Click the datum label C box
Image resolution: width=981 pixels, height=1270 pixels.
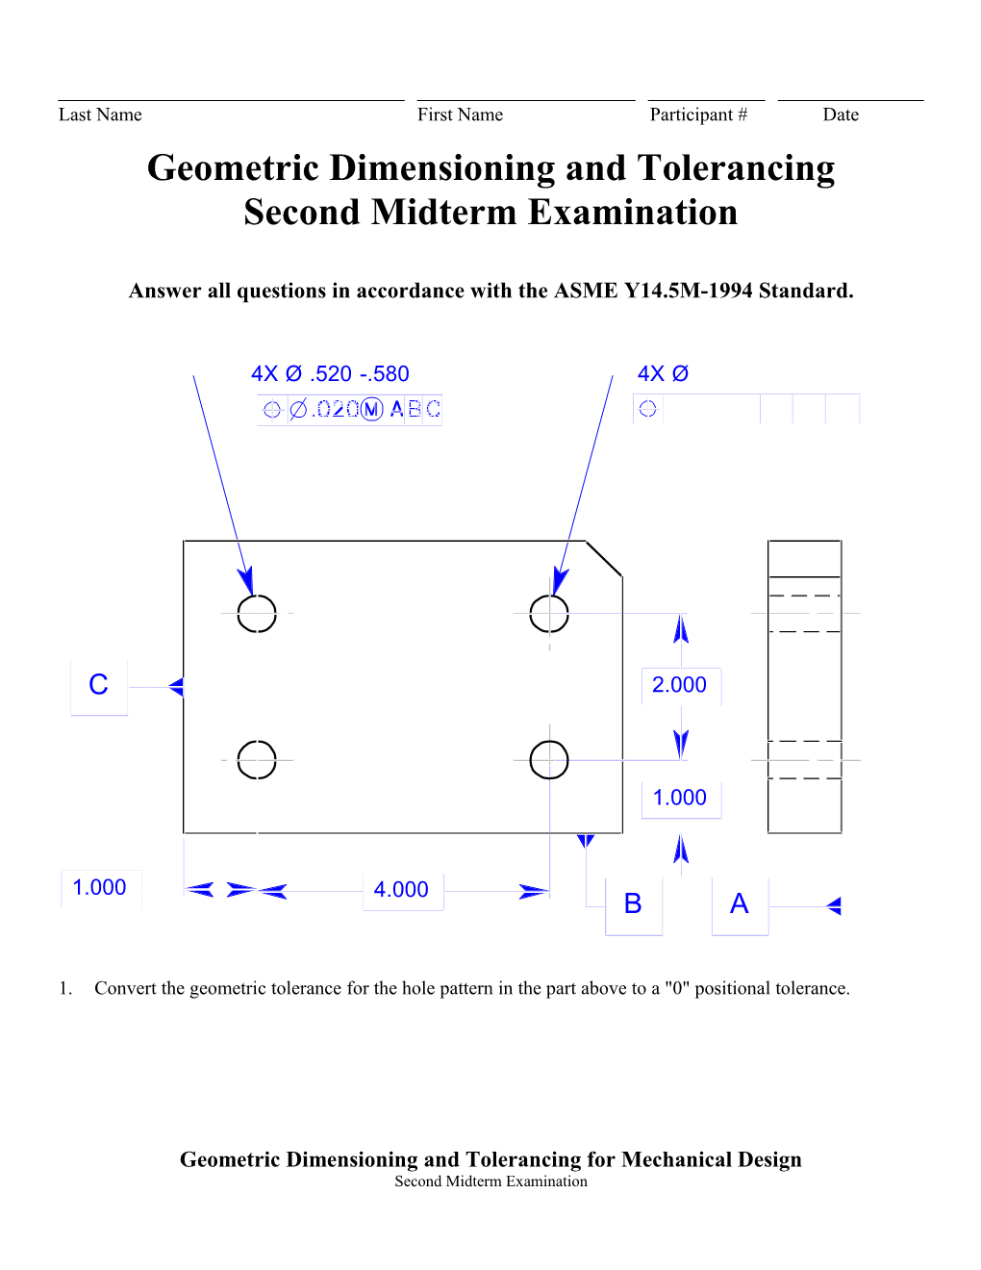(99, 686)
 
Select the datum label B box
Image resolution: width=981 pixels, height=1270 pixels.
(633, 904)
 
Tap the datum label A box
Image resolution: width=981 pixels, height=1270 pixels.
(740, 904)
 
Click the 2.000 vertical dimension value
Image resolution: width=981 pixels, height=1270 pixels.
(679, 685)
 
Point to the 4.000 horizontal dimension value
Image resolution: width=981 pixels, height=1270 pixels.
(401, 890)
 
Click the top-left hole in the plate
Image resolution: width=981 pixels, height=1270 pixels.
(257, 613)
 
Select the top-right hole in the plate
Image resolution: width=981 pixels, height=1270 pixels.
(549, 613)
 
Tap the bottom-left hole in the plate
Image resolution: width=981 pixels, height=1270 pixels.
(257, 759)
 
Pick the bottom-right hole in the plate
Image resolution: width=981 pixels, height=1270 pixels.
(549, 759)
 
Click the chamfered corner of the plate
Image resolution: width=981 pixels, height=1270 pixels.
(605, 559)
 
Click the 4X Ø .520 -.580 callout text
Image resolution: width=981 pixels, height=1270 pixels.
(330, 374)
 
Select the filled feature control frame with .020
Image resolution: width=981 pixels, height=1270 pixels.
(350, 410)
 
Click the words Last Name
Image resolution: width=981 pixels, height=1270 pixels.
(100, 115)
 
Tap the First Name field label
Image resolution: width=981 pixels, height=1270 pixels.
(460, 115)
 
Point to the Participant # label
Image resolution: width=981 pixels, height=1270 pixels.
(698, 115)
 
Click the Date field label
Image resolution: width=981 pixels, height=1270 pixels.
(841, 115)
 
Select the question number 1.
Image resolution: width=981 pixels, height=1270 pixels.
(64, 989)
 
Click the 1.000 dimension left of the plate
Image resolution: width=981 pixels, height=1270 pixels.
(100, 888)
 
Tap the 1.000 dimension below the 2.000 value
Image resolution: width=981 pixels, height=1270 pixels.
(679, 798)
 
